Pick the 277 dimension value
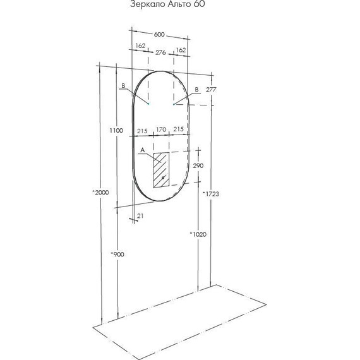tap(211, 90)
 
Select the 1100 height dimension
tap(116, 130)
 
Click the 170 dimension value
tap(160, 129)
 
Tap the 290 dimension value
tap(198, 165)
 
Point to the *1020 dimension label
tap(198, 234)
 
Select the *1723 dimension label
tap(211, 194)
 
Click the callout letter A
tap(143, 150)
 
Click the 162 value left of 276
tap(140, 45)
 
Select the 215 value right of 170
tap(179, 129)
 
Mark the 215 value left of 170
tap(141, 129)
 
